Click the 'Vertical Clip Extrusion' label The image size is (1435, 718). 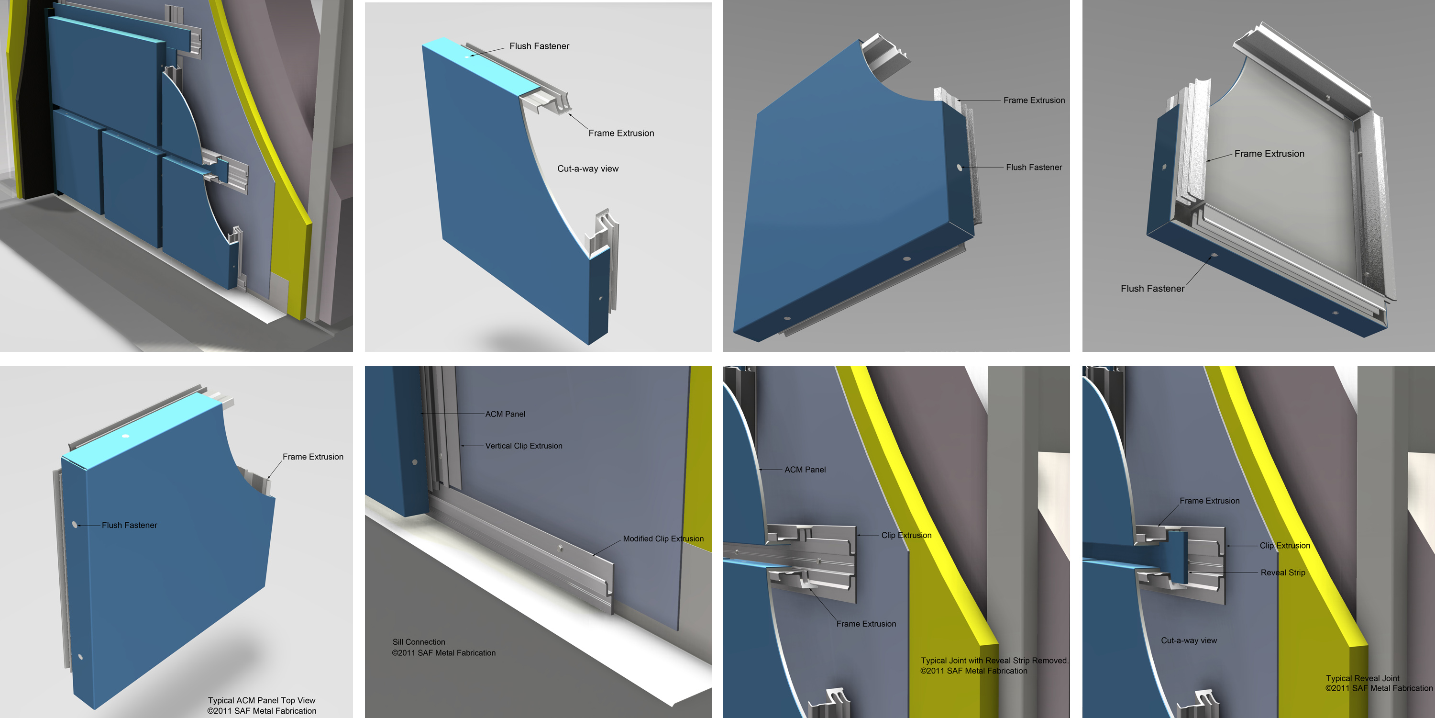[x=524, y=446]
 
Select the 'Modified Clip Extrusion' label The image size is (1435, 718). [x=663, y=538]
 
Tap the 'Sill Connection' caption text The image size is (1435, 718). [x=419, y=642]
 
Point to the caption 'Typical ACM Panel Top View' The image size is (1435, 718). [x=261, y=701]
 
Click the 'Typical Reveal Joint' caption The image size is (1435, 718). [x=1363, y=678]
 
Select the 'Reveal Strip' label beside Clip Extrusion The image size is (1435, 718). [x=1283, y=572]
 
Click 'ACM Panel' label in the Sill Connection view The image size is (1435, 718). [x=505, y=414]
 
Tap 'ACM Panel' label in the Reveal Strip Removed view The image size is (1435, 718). [x=805, y=470]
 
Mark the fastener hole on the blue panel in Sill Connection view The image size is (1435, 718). [x=414, y=462]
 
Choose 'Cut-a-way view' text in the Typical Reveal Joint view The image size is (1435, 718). [x=1189, y=640]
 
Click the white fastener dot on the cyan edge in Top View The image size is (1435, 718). [x=125, y=436]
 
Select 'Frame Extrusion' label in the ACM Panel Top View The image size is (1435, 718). [x=313, y=457]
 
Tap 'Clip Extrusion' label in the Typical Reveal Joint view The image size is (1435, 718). [x=1285, y=546]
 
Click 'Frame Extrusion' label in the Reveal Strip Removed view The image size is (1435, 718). [x=866, y=624]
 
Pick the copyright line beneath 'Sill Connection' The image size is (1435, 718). [x=443, y=653]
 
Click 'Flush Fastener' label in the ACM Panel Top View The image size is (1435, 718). [x=129, y=525]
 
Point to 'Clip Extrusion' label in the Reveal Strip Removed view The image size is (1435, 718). [x=906, y=535]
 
